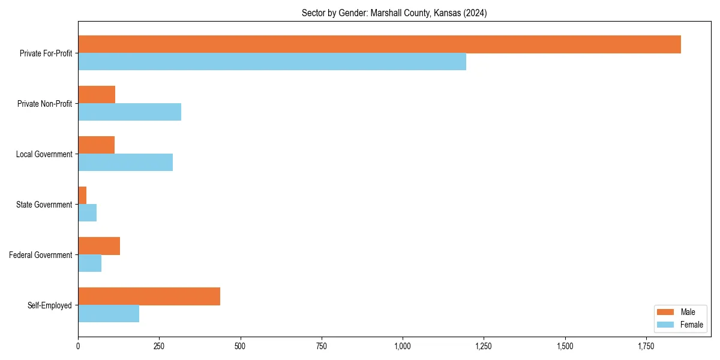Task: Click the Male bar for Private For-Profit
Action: [x=379, y=44]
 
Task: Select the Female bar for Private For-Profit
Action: [x=272, y=62]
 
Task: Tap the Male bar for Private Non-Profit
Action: [x=97, y=95]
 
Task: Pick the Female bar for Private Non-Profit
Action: [x=130, y=112]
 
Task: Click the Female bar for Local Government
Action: [x=125, y=163]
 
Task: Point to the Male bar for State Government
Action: [x=82, y=196]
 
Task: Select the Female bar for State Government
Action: [x=87, y=213]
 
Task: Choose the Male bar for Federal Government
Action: [x=99, y=246]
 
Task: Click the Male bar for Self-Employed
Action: [x=149, y=296]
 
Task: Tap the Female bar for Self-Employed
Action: [x=109, y=314]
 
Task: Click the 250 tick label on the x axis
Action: [x=159, y=346]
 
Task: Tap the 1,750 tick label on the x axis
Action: [x=646, y=346]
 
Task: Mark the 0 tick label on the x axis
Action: [x=78, y=346]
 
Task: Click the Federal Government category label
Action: [x=41, y=255]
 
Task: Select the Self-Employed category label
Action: [x=50, y=305]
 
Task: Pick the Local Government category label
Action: [x=44, y=154]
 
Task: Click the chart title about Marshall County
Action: [x=394, y=13]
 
